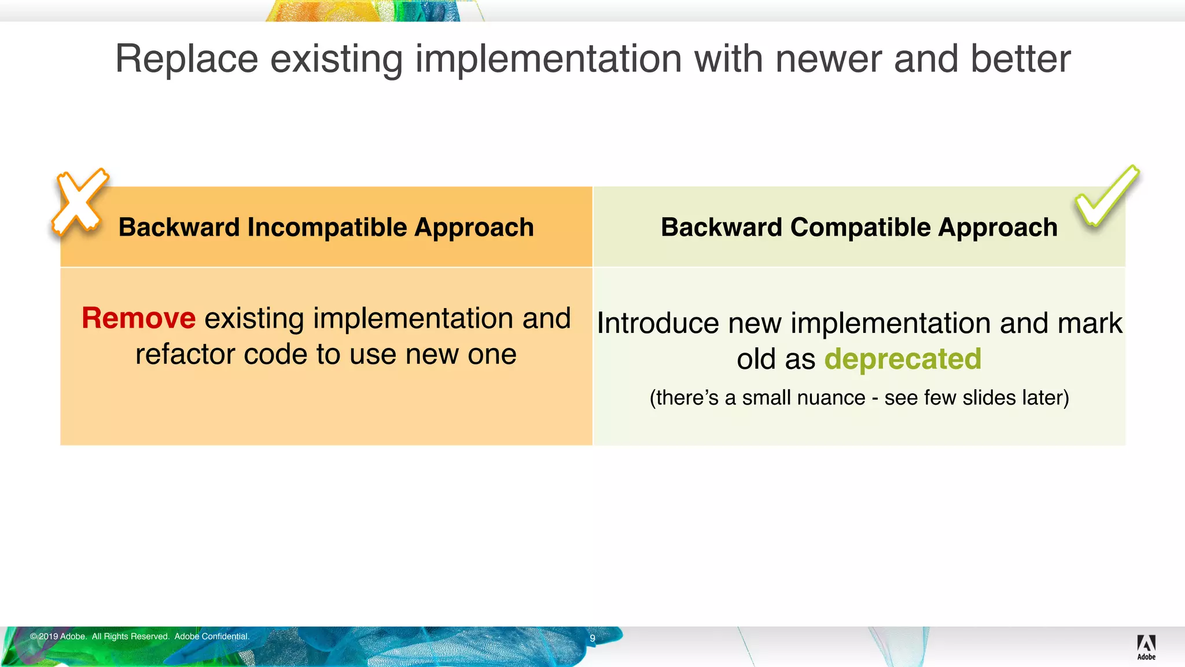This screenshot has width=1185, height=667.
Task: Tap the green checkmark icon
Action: point(1106,197)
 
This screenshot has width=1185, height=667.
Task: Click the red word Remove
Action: point(139,318)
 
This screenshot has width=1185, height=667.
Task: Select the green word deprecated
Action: point(903,360)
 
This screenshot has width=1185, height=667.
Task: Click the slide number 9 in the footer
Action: point(592,638)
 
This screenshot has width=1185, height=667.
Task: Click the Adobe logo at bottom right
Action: point(1146,647)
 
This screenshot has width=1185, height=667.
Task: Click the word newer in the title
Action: point(828,59)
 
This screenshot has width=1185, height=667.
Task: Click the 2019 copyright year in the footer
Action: point(48,636)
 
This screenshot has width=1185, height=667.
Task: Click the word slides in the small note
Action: point(989,398)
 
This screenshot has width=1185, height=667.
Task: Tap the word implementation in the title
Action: point(549,59)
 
